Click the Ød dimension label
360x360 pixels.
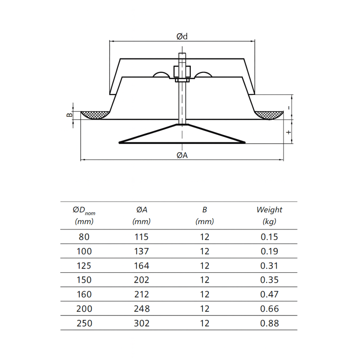tap(182, 36)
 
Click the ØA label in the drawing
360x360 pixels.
tap(182, 155)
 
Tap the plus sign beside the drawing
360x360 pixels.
tap(288, 132)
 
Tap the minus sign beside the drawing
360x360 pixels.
tap(289, 108)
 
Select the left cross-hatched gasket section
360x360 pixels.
tap(95, 115)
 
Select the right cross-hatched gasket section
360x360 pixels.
tap(269, 115)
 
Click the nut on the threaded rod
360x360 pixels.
tap(182, 72)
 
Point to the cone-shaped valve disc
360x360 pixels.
tap(182, 134)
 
